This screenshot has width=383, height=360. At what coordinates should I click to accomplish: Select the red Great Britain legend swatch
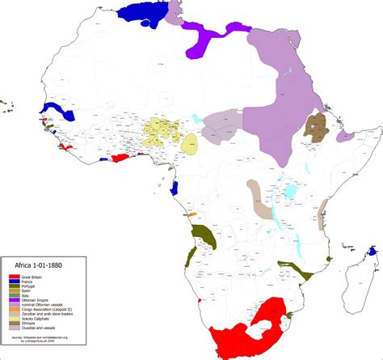[15, 275]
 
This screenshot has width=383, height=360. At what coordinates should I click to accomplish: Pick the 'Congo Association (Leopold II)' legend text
[48, 315]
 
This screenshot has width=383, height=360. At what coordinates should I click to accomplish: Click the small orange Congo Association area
[192, 214]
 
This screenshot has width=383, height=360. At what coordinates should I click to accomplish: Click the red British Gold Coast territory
[120, 159]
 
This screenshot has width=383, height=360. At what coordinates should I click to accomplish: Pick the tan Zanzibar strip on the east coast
[325, 207]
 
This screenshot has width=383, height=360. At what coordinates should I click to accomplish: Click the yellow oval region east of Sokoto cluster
[190, 144]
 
